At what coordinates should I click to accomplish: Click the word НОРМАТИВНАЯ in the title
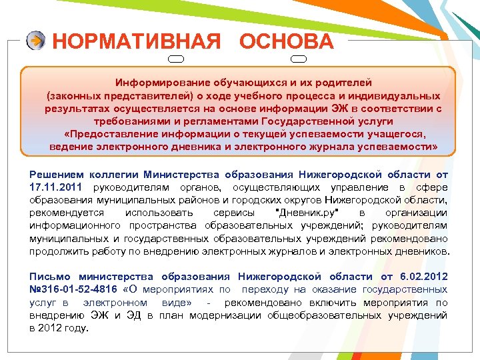click(136, 42)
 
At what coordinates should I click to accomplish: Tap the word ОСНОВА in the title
click(287, 42)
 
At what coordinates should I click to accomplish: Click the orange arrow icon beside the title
click(36, 41)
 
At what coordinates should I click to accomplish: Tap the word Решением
click(55, 175)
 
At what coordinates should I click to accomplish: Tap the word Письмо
click(50, 276)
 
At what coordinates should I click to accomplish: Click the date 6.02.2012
click(423, 276)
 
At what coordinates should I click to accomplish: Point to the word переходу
click(265, 289)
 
